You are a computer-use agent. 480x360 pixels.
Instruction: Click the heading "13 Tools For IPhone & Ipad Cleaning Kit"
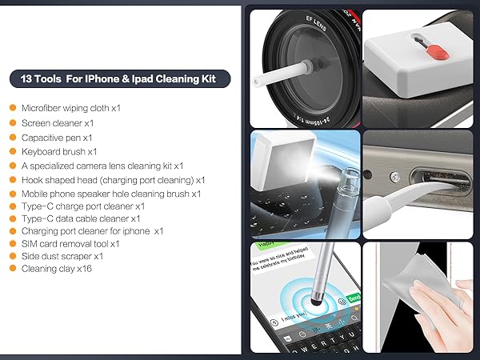pyautogui.click(x=120, y=78)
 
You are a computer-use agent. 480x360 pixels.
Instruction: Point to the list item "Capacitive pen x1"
pyautogui.click(x=61, y=137)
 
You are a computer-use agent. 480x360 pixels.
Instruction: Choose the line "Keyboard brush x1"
pyautogui.click(x=59, y=151)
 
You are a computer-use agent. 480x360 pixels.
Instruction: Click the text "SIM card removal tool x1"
pyautogui.click(x=70, y=243)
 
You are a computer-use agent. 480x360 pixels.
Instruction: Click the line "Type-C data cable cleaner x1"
pyautogui.click(x=81, y=218)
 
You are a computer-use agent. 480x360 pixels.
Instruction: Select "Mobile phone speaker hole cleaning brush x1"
pyautogui.click(x=111, y=193)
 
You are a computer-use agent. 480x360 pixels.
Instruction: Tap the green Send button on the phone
pyautogui.click(x=353, y=298)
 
